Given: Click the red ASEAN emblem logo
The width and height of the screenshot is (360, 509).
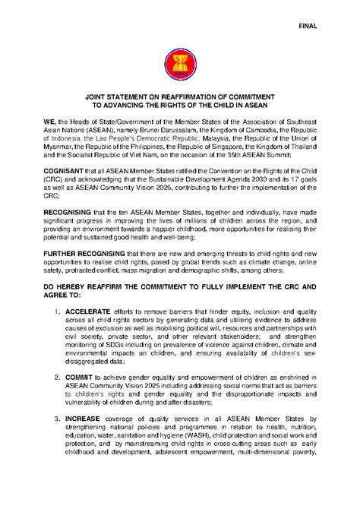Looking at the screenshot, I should (x=179, y=65).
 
